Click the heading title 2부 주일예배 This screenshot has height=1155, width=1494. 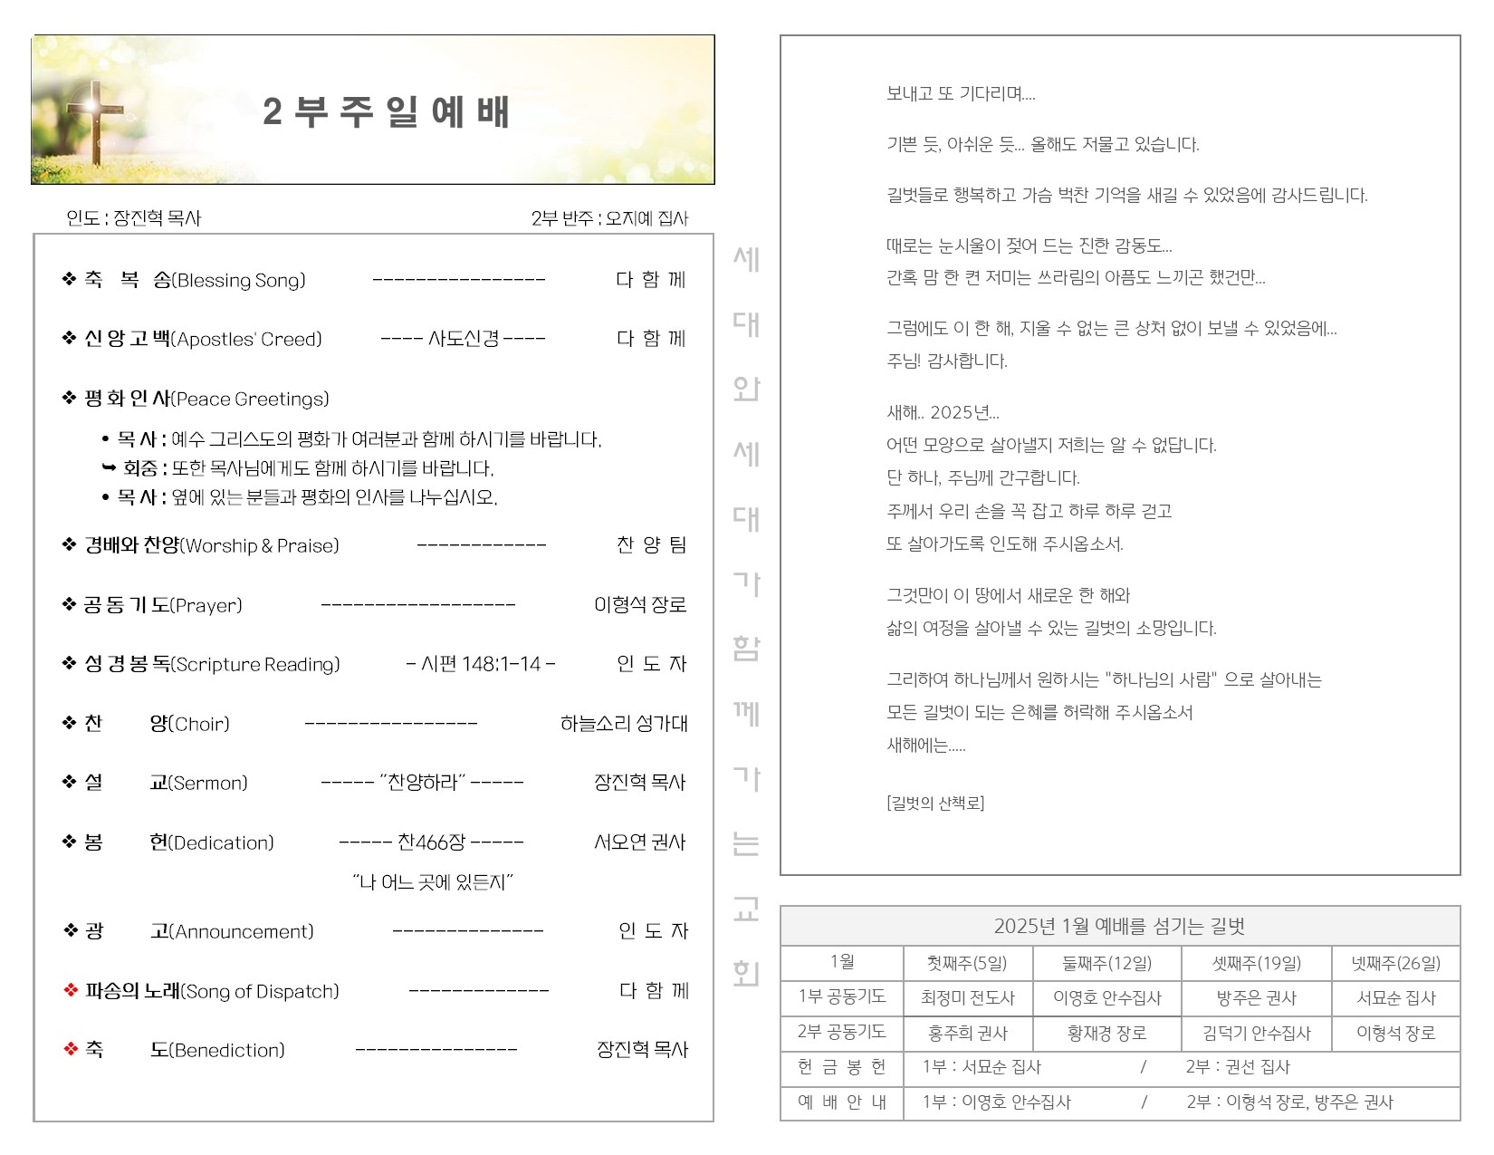coord(387,112)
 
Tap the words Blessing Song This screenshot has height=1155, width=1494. coord(241,281)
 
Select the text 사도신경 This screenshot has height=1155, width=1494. coord(463,339)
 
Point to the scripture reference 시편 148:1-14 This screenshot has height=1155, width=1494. coord(481,664)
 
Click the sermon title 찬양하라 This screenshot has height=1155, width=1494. coord(422,783)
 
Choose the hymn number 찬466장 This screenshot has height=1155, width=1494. coord(431,842)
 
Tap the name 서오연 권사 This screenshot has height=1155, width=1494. coord(639,842)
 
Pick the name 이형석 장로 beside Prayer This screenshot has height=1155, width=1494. coord(639,605)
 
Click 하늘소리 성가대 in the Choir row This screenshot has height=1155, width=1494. coord(623,724)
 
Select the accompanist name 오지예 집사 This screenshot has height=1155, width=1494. coord(646,218)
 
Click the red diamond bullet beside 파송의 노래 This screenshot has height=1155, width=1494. coord(71,991)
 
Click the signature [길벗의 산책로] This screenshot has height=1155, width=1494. coord(934,804)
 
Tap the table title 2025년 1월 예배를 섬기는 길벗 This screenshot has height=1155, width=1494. coord(1119,927)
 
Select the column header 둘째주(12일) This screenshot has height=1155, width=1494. coord(1106,963)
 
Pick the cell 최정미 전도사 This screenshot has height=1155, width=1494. coord(967,998)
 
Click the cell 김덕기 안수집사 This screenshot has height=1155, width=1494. coord(1256,1034)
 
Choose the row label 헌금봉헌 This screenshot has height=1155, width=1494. coord(841,1067)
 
